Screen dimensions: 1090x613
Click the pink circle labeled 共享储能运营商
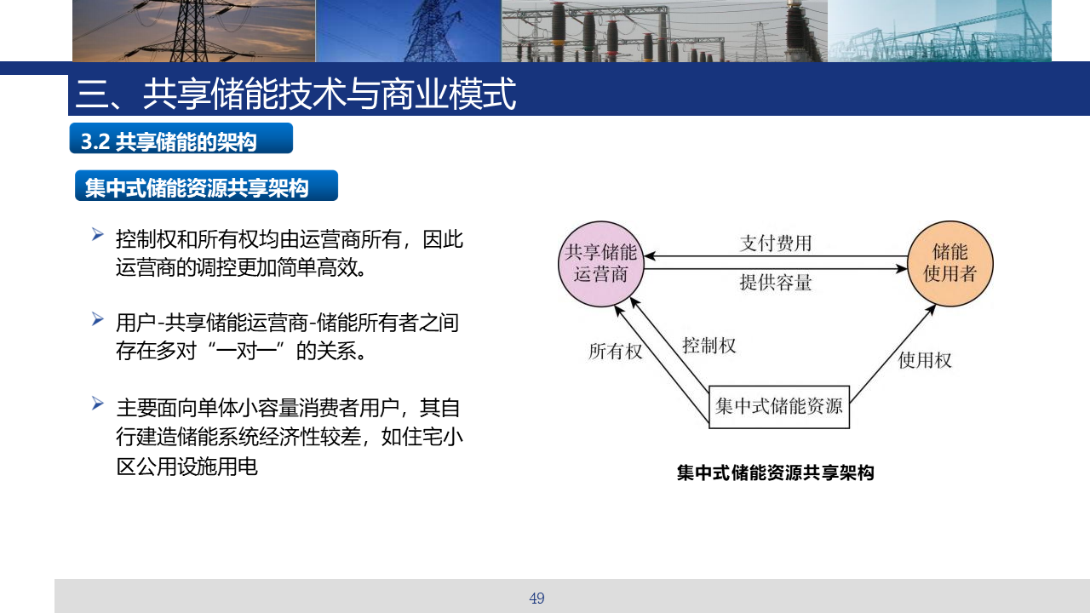click(x=601, y=264)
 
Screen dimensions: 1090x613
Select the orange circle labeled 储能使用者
click(x=949, y=264)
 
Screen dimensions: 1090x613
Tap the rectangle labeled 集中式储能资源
click(x=779, y=407)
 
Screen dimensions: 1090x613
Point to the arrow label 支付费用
click(x=776, y=243)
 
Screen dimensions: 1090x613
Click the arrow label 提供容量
click(x=776, y=282)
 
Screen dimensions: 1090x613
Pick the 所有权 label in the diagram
click(x=615, y=351)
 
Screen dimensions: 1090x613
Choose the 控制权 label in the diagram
click(x=709, y=346)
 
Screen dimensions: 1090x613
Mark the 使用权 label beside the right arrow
click(x=925, y=360)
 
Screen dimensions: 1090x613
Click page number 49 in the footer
click(x=536, y=598)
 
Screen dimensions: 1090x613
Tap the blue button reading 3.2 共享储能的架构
click(x=181, y=138)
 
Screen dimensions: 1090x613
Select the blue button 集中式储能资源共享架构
click(x=206, y=186)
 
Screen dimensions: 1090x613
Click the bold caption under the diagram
click(x=776, y=473)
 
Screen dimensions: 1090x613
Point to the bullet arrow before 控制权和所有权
click(x=97, y=234)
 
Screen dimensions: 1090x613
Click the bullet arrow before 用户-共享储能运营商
click(x=97, y=319)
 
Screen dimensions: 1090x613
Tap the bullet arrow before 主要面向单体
click(x=97, y=404)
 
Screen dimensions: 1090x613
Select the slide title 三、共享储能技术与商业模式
click(x=295, y=94)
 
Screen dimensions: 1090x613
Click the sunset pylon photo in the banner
click(x=193, y=31)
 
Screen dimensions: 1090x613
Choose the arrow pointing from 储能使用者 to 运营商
click(x=776, y=256)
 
